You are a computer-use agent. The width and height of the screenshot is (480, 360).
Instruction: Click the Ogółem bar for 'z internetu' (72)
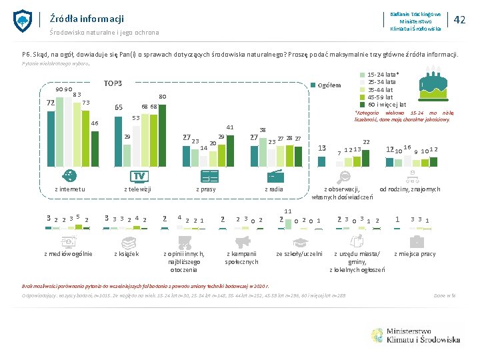pos(51,137)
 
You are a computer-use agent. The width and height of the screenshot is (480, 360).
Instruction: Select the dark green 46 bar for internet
pos(94,147)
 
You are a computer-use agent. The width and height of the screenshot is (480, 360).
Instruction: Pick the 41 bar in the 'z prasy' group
pos(230,147)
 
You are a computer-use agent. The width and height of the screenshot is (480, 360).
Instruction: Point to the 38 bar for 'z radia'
pos(263,149)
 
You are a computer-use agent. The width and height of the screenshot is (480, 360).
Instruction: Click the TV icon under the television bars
pos(139,176)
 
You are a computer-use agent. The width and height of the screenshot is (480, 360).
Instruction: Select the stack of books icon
pos(127,242)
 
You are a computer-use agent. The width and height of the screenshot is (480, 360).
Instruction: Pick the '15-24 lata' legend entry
pos(383,75)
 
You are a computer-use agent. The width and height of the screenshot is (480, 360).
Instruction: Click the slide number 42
pos(459,20)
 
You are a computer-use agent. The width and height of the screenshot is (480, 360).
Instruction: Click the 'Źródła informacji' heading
pos(77,19)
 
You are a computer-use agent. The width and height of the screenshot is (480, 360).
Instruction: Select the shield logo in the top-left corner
pos(23,21)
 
